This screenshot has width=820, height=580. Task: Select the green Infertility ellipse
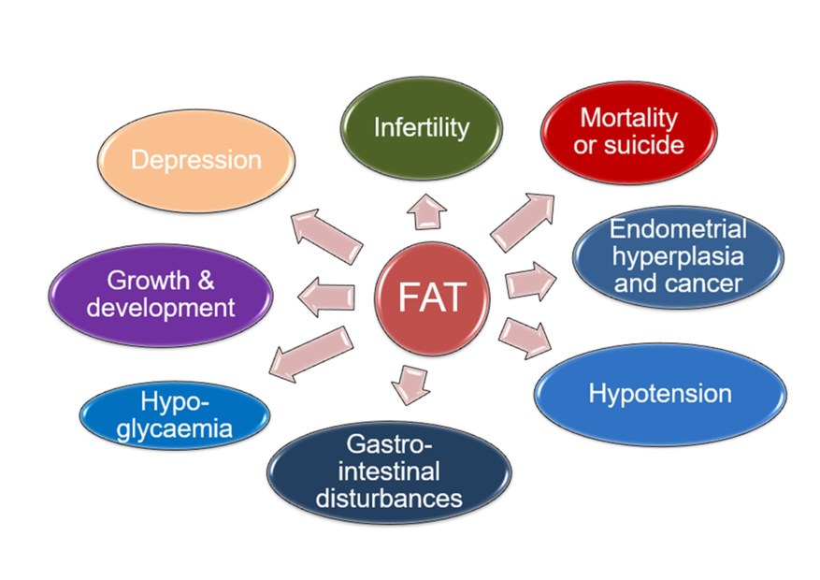(x=421, y=128)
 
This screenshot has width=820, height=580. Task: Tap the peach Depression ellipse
(x=195, y=160)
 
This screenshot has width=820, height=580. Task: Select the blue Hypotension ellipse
(x=659, y=393)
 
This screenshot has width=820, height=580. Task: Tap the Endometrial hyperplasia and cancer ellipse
(x=677, y=255)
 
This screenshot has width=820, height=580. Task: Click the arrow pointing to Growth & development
(x=326, y=296)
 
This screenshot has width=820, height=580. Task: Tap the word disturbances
(x=389, y=497)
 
